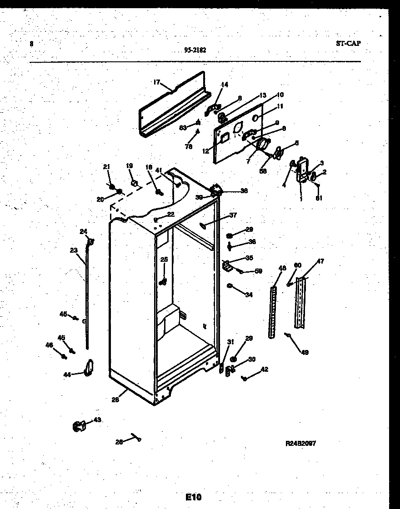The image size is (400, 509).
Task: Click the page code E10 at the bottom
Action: point(193,497)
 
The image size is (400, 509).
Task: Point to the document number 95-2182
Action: point(195,50)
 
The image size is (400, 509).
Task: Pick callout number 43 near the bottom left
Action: point(97,420)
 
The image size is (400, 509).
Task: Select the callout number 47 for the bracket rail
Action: point(320,261)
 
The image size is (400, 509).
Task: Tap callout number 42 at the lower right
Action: point(264,369)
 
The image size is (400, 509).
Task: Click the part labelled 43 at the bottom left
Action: point(79,426)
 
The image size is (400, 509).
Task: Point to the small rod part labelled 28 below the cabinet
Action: point(135,437)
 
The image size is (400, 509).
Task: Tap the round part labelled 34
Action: point(230,286)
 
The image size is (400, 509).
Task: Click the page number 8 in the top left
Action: point(31,44)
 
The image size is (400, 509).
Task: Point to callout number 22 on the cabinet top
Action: point(170,214)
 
